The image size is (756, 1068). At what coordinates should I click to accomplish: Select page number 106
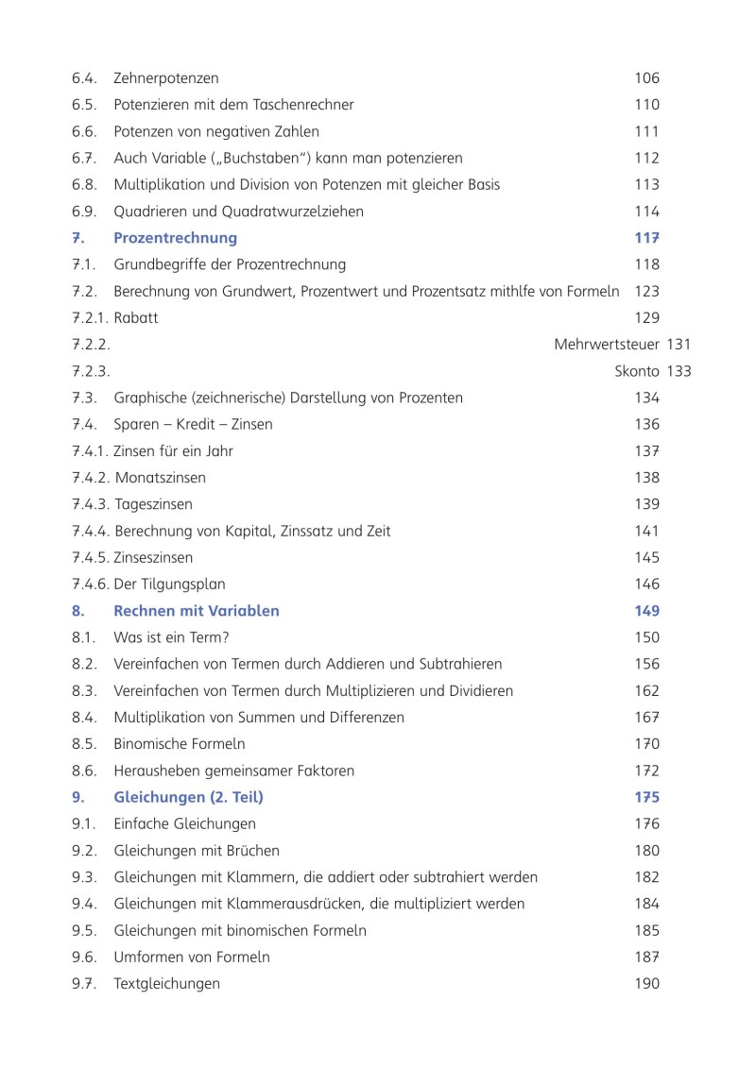(646, 78)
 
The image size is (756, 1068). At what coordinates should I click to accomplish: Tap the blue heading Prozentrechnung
(175, 238)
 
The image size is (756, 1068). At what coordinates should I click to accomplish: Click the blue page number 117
(646, 238)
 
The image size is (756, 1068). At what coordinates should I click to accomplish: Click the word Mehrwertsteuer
(607, 345)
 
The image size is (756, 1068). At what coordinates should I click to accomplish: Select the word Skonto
(638, 371)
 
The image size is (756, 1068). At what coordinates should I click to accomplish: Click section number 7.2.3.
(91, 371)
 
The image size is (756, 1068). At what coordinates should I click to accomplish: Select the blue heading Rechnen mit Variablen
(196, 611)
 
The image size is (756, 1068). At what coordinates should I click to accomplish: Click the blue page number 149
(646, 611)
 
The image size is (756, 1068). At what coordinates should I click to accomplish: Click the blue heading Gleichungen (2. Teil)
(188, 798)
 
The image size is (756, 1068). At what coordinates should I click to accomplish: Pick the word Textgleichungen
(166, 984)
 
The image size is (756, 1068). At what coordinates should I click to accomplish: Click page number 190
(646, 984)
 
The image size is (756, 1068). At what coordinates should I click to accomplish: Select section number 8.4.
(84, 718)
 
